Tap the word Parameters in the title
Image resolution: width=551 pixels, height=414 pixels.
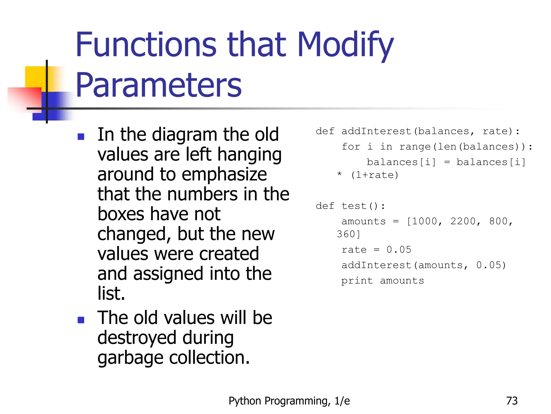pos(159,86)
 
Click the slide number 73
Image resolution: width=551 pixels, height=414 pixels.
pos(512,401)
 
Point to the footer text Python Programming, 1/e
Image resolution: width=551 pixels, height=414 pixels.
pos(289,401)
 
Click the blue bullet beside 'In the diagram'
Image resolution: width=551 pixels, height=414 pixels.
pos(81,137)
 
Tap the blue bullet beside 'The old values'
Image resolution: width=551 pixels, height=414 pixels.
pos(81,320)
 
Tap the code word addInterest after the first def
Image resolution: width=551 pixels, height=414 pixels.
pos(376,131)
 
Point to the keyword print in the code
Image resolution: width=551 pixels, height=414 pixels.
pos(357,281)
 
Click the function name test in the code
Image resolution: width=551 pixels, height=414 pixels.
pos(354,206)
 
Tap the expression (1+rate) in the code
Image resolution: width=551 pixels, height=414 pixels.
pos(375,175)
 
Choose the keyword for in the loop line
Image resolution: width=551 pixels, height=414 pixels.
pos(351,147)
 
